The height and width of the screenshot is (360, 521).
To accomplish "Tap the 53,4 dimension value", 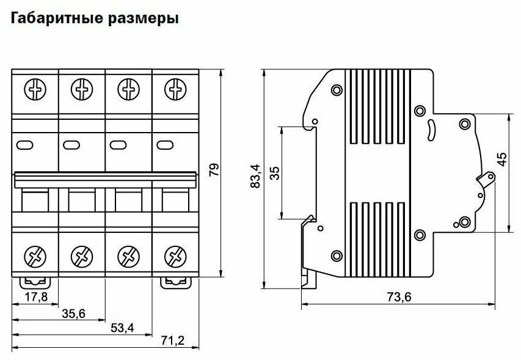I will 122,328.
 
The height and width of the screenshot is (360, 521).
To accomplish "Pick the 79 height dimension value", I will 213,171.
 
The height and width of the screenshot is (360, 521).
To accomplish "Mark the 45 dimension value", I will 502,160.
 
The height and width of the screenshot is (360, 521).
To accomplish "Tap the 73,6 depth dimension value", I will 398,298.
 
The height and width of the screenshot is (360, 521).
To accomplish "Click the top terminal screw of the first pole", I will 35,90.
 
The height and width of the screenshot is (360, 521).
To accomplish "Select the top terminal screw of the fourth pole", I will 175,90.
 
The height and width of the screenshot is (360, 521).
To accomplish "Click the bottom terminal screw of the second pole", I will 82,254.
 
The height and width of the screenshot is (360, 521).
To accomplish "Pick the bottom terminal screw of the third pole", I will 128,254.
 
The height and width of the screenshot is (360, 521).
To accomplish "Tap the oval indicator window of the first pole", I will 26,145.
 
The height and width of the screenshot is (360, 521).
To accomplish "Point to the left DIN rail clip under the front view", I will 35,281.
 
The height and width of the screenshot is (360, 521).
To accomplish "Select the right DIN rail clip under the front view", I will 175,281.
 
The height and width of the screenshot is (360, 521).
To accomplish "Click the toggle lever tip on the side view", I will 487,178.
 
